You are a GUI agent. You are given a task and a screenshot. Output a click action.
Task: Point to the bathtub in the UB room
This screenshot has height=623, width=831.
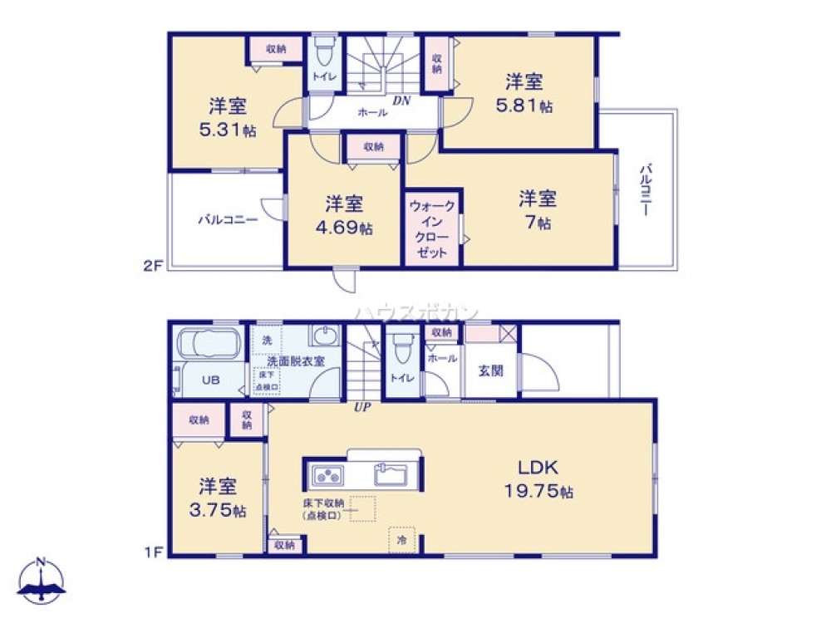tap(208, 344)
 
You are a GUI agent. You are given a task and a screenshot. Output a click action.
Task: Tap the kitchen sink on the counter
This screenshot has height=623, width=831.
tap(390, 476)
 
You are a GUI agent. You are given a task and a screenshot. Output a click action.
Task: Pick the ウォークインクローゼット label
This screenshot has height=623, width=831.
tap(432, 228)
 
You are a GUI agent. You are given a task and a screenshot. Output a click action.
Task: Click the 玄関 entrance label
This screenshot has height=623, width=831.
tap(490, 370)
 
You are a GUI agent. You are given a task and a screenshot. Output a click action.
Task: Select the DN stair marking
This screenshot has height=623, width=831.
tap(402, 101)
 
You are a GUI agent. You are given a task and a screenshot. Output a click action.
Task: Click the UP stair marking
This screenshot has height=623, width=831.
tap(362, 407)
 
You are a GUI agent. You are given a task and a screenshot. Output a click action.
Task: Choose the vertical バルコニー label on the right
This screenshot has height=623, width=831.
tap(645, 191)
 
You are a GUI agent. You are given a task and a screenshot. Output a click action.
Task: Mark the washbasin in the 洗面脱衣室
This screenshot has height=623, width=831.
tap(325, 336)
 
